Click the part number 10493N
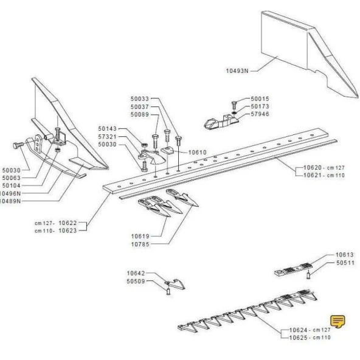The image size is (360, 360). tap(237, 71)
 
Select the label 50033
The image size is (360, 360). tap(140, 99)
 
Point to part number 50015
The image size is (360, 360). tap(260, 99)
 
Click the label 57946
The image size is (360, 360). tap(260, 114)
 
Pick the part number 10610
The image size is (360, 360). tap(197, 152)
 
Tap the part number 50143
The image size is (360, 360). tap(108, 130)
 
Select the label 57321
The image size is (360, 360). tap(108, 138)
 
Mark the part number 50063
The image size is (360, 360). tap(12, 178)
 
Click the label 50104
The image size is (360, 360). tap(12, 185)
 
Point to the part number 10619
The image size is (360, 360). tap(140, 235)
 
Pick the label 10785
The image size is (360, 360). tap(140, 243)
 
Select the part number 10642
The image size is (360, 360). tap(136, 273)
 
